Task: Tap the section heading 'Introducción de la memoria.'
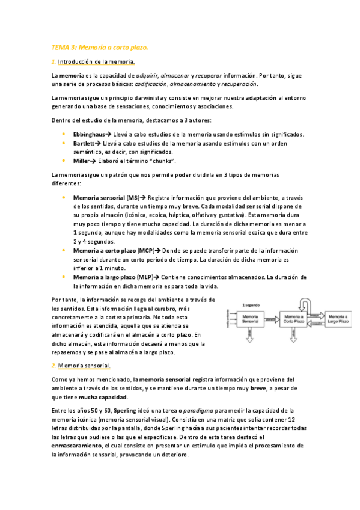click(96, 62)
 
